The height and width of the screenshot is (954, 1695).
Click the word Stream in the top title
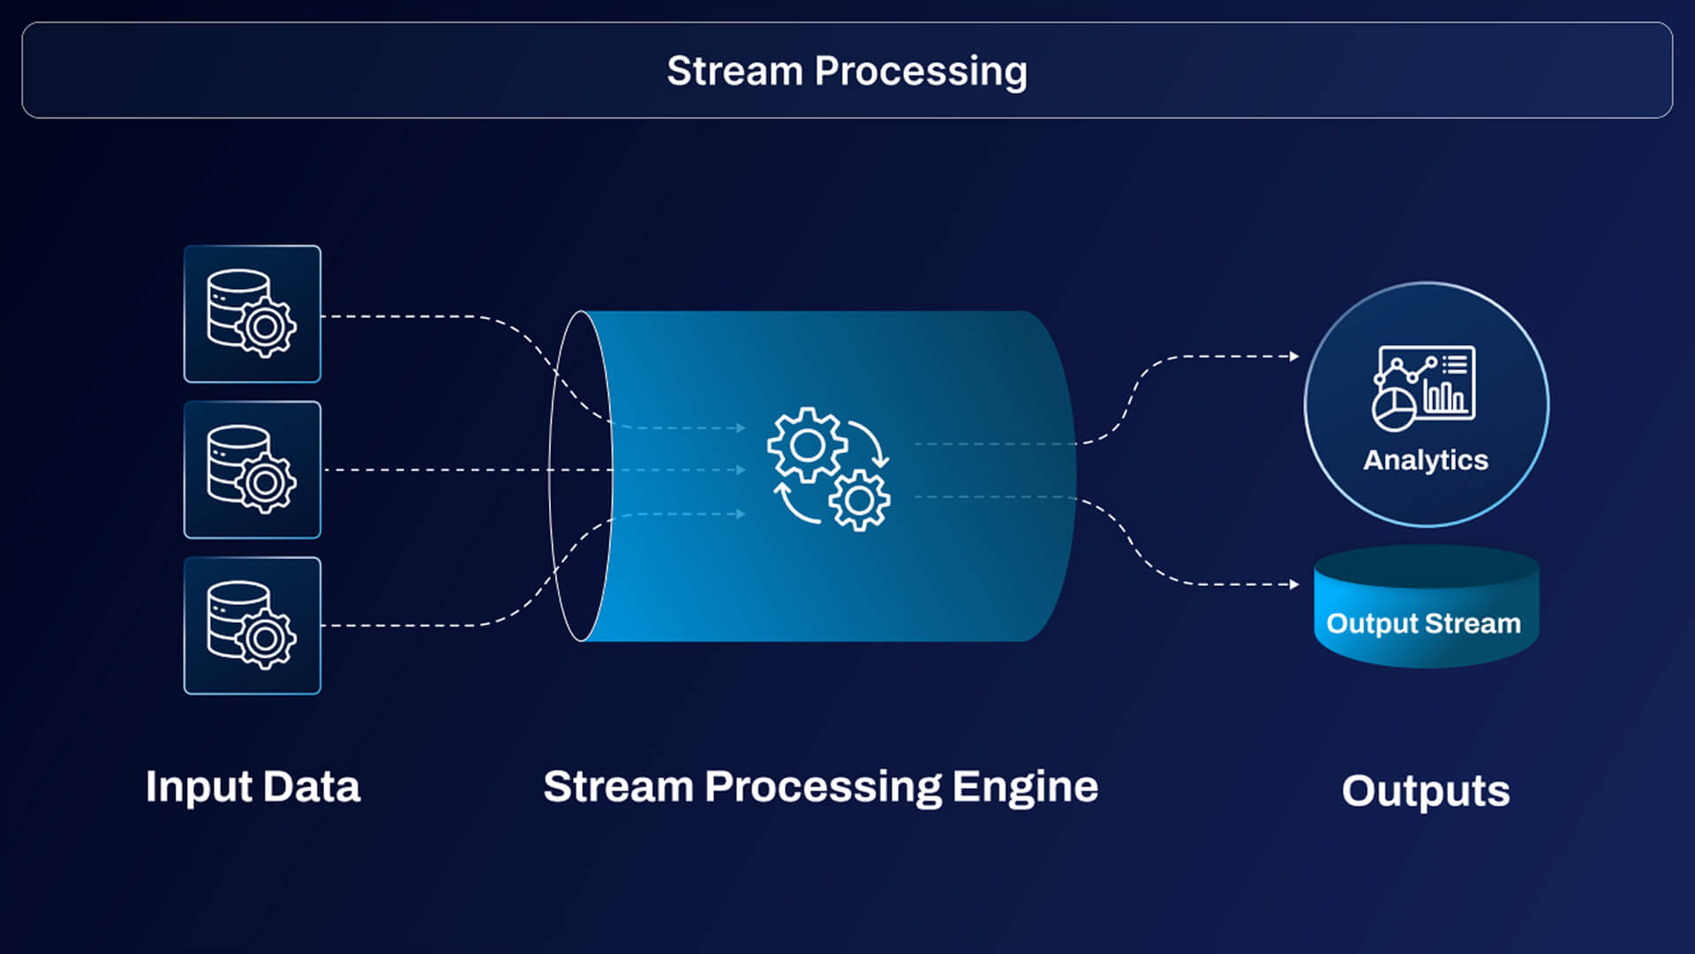(734, 71)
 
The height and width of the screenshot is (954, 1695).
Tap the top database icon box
(252, 314)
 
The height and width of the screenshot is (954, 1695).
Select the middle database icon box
(252, 470)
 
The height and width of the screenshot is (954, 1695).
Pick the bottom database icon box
(252, 625)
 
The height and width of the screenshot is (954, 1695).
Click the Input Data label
(253, 786)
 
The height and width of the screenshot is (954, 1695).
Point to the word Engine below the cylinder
(1025, 786)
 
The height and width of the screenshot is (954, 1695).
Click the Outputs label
(1426, 791)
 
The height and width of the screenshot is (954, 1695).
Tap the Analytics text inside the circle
(1426, 459)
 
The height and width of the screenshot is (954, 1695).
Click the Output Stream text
(1423, 624)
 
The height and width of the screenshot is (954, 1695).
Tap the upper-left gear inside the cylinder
(806, 444)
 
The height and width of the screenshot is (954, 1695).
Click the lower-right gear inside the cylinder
(859, 501)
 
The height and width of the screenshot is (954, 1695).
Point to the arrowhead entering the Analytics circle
(1294, 356)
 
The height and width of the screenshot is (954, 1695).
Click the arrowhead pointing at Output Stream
(1294, 584)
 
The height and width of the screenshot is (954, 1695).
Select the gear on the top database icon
(265, 327)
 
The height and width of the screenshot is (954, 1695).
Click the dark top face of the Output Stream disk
(1426, 566)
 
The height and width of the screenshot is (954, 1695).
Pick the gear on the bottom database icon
(265, 639)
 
